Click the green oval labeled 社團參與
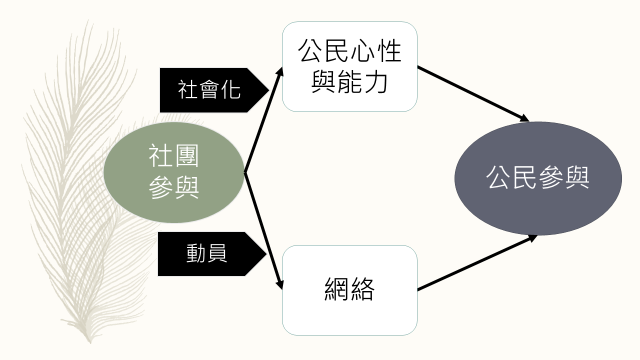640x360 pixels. click(x=173, y=172)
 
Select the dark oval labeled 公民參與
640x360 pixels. click(x=538, y=178)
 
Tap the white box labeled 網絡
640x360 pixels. click(x=349, y=290)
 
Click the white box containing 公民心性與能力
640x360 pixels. click(x=349, y=66)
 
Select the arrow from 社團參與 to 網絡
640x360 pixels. click(x=263, y=230)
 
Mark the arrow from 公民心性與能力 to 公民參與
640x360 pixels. click(x=472, y=93)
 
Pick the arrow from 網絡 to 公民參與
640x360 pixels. click(x=475, y=263)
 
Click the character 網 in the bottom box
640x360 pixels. click(x=336, y=290)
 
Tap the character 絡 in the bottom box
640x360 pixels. click(x=362, y=290)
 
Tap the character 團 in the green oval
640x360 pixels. click(x=187, y=155)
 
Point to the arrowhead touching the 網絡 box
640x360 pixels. click(x=280, y=285)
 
